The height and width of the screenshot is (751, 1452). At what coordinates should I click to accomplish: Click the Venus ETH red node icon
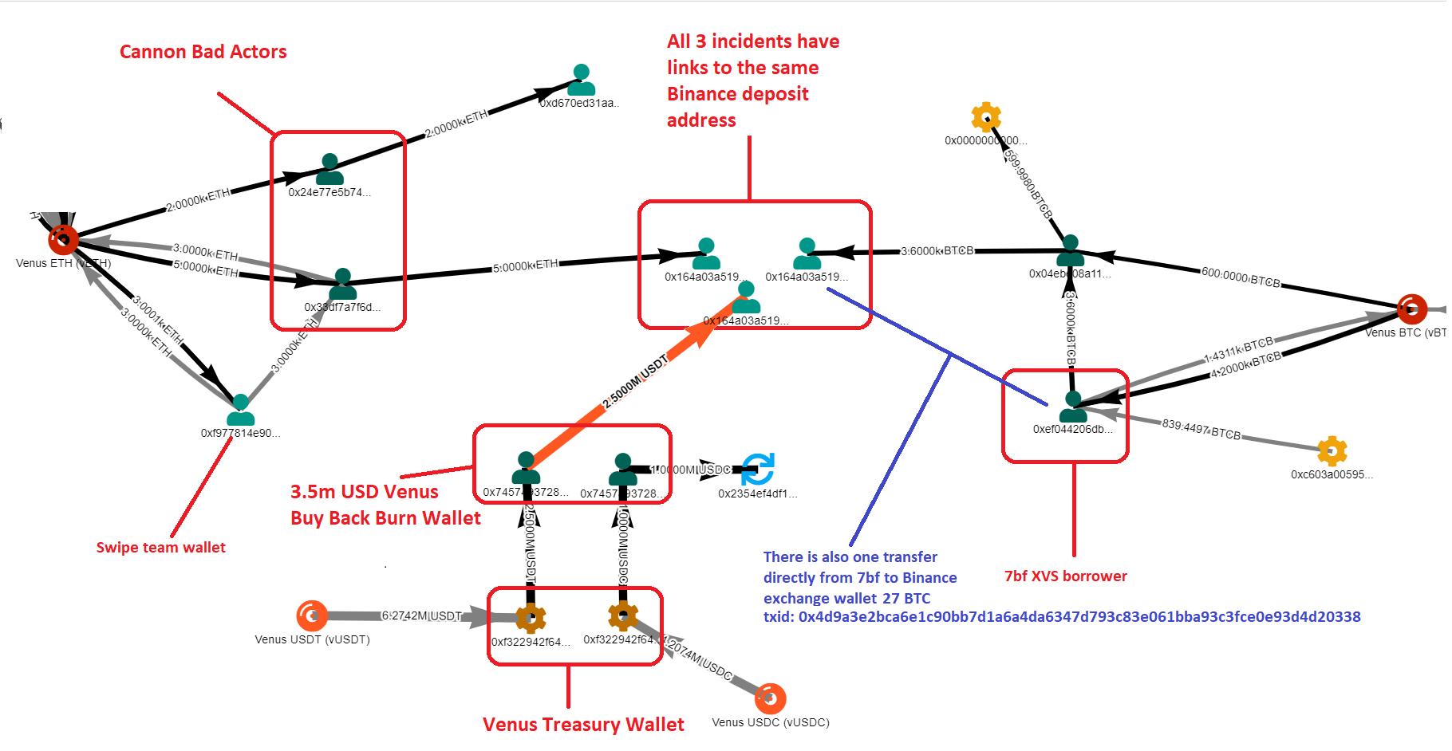coord(63,238)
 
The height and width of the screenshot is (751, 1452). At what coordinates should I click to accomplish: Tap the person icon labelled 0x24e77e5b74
coord(329,169)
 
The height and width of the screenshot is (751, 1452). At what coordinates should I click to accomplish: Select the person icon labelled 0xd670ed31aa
coord(582,81)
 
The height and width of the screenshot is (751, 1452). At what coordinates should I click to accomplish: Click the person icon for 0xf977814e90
coord(240,411)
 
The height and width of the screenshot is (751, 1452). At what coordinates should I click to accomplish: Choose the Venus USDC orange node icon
coord(769,698)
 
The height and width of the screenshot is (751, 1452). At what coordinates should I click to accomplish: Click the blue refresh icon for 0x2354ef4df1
coord(757,469)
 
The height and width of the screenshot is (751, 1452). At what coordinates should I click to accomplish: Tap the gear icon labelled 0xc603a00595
coord(1331,451)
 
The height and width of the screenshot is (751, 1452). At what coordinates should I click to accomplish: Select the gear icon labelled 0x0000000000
coord(986,118)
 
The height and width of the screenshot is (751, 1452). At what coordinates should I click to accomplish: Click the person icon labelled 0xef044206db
coord(1073,407)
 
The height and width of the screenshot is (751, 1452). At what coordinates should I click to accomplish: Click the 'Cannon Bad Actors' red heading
coord(203,52)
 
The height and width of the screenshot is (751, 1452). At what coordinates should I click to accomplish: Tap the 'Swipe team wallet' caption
coord(160,548)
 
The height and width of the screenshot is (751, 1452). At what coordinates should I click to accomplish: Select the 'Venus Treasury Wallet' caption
coord(583,725)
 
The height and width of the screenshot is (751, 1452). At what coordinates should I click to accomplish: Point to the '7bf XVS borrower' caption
coord(1065,576)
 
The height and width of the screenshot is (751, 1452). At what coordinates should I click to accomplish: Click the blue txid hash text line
coord(1061,616)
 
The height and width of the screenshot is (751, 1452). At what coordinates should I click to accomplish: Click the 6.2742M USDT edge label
coord(421,616)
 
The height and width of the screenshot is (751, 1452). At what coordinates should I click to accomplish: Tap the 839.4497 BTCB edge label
coord(1201,430)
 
